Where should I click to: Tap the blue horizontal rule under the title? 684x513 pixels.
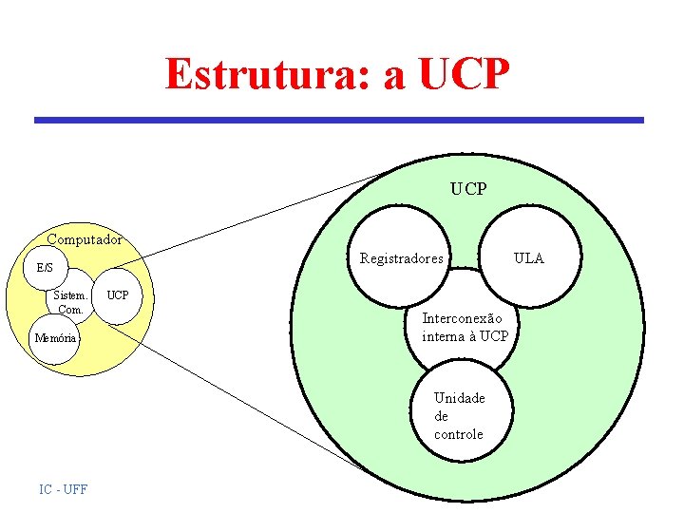339,121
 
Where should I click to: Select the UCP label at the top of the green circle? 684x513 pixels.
468,189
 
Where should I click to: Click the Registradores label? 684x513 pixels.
401,258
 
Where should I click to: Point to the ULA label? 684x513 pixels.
529,258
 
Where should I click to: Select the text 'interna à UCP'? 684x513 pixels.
465,336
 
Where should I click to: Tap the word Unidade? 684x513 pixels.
459,398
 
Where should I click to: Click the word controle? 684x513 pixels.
458,434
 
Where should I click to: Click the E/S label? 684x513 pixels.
45,268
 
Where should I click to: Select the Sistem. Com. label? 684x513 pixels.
70,302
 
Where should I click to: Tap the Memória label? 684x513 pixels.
56,338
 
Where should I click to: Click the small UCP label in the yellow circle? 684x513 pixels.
118,295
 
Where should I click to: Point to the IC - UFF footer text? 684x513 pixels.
64,489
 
